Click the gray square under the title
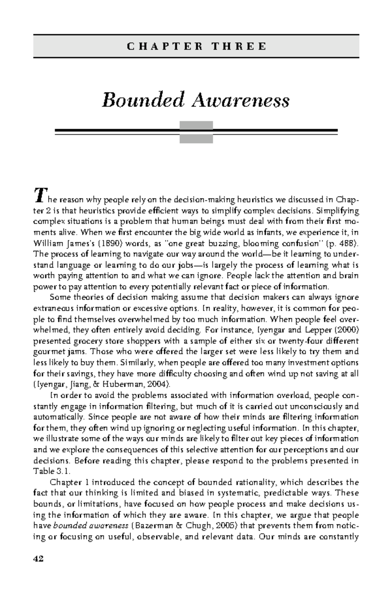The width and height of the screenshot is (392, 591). (196, 132)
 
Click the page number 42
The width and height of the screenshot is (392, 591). (38, 559)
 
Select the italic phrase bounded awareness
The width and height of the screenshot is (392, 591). (90, 526)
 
